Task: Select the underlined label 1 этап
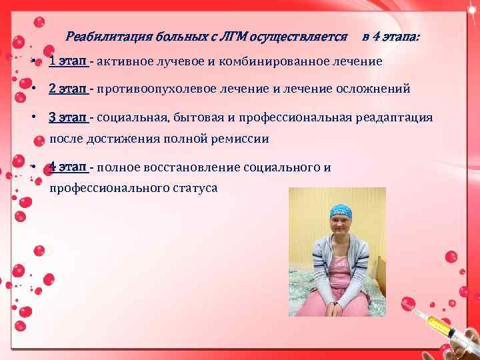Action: click(x=68, y=61)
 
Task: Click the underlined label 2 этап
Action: click(x=68, y=89)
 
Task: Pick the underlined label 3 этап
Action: click(x=68, y=117)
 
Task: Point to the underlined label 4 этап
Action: click(x=68, y=167)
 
